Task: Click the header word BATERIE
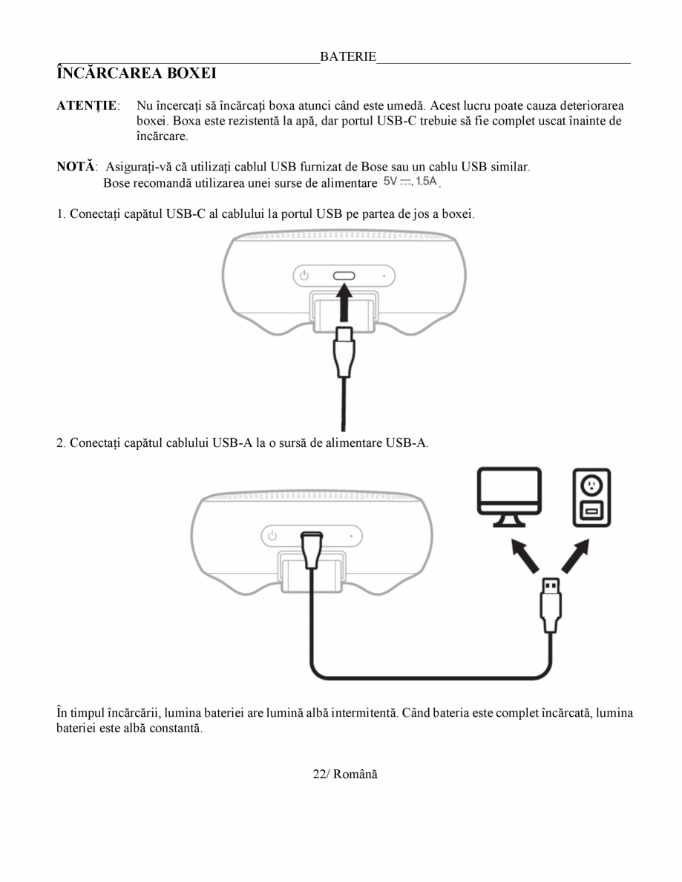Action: coord(348,57)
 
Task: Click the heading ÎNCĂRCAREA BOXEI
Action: coord(137,74)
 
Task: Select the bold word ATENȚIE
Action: coord(86,105)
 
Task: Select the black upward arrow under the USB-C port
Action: coord(344,304)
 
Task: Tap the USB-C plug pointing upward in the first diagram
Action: coord(344,352)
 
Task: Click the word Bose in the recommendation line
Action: coord(116,182)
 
